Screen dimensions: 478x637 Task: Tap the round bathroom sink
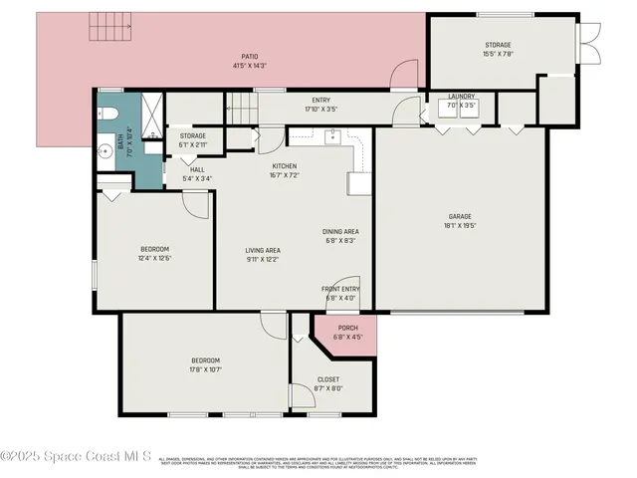tap(106, 152)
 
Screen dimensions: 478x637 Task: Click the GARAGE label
tap(459, 216)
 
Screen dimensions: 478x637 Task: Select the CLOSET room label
tap(327, 379)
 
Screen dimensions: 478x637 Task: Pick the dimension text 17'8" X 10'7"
tap(205, 369)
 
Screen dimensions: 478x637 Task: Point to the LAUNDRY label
tap(461, 96)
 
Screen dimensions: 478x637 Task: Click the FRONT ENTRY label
tap(340, 289)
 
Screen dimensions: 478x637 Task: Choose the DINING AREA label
tap(339, 231)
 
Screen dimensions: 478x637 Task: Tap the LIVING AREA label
tap(263, 250)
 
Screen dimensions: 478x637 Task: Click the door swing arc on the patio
tap(403, 72)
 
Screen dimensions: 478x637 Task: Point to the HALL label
tap(197, 169)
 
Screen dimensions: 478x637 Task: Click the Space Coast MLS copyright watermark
tap(76, 457)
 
